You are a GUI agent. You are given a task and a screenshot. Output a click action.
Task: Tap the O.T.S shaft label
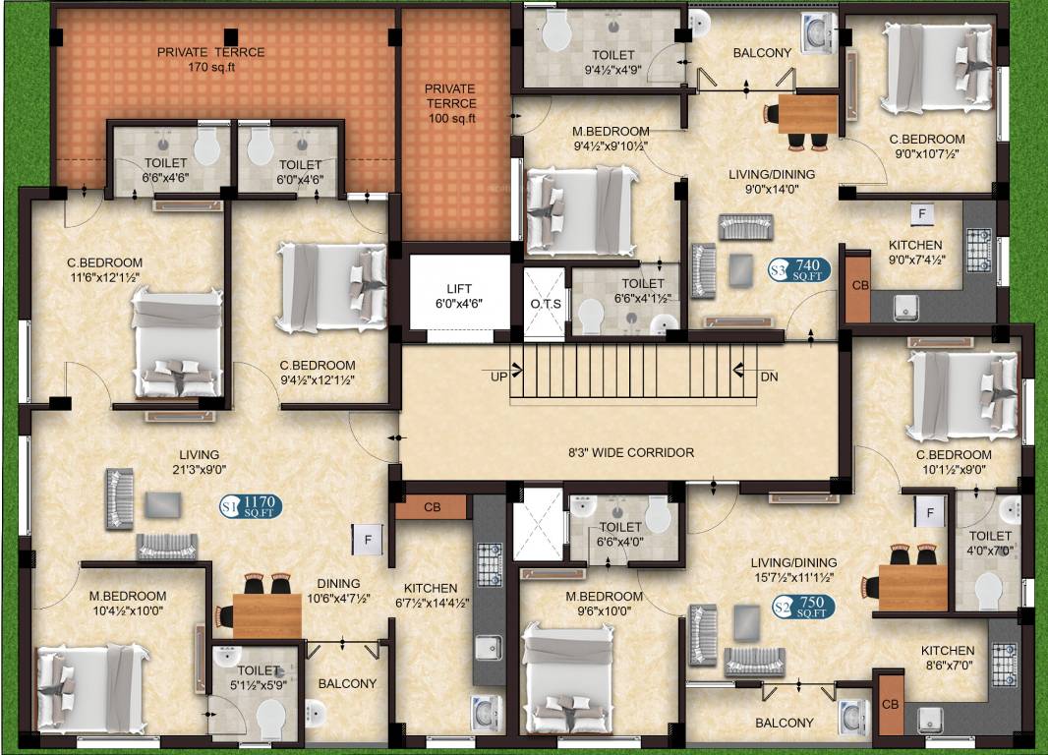[546, 303]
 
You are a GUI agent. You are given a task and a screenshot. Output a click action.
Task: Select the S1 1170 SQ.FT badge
[251, 507]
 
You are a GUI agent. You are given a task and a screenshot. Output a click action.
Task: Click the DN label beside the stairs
[769, 376]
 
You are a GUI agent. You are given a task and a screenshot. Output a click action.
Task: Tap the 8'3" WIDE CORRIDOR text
[631, 453]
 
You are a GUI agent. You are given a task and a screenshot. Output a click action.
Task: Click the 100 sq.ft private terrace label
[450, 103]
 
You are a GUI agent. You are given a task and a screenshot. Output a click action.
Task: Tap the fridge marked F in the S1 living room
[366, 539]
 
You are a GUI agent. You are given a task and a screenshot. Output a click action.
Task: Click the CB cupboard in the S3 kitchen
[857, 286]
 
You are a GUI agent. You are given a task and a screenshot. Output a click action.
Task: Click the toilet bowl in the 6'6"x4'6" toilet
[206, 148]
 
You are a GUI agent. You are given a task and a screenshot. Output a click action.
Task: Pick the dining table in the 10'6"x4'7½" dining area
[266, 614]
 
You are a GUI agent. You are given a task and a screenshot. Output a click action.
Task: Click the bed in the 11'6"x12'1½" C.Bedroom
[178, 348]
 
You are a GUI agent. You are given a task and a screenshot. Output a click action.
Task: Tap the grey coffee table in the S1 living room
[162, 504]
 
